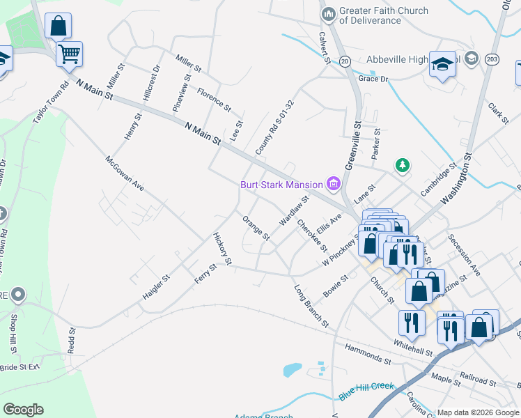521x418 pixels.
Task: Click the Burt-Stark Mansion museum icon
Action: pos(333,185)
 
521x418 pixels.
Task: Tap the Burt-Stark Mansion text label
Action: pos(281,185)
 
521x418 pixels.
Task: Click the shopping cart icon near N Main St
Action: pos(69,54)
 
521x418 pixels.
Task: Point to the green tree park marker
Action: pos(402,166)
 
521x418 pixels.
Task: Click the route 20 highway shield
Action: pos(345,62)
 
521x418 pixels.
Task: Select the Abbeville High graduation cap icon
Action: pos(442,64)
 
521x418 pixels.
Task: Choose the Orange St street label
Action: pos(256,228)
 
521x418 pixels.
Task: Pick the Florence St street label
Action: pos(213,100)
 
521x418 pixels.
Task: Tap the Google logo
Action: pos(23,410)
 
